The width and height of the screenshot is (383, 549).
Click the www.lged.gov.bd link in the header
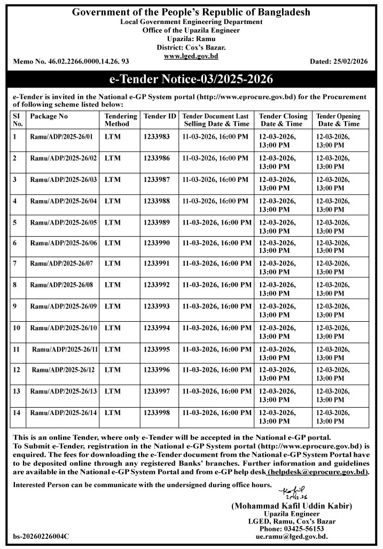click(191, 56)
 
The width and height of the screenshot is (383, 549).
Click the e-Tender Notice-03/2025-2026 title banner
click(191, 81)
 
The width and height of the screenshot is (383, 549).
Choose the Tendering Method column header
click(117, 120)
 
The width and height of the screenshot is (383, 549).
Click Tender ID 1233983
click(157, 137)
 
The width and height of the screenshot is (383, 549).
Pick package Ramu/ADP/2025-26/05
click(64, 222)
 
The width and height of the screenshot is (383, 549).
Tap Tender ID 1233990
click(157, 243)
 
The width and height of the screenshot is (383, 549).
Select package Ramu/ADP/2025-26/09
click(64, 306)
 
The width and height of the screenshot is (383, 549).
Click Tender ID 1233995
click(157, 349)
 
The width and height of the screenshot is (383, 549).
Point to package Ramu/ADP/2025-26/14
click(64, 412)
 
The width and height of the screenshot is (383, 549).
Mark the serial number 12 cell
click(17, 370)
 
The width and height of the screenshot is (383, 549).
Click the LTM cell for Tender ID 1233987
click(113, 179)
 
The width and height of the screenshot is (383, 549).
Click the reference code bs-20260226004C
click(41, 536)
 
